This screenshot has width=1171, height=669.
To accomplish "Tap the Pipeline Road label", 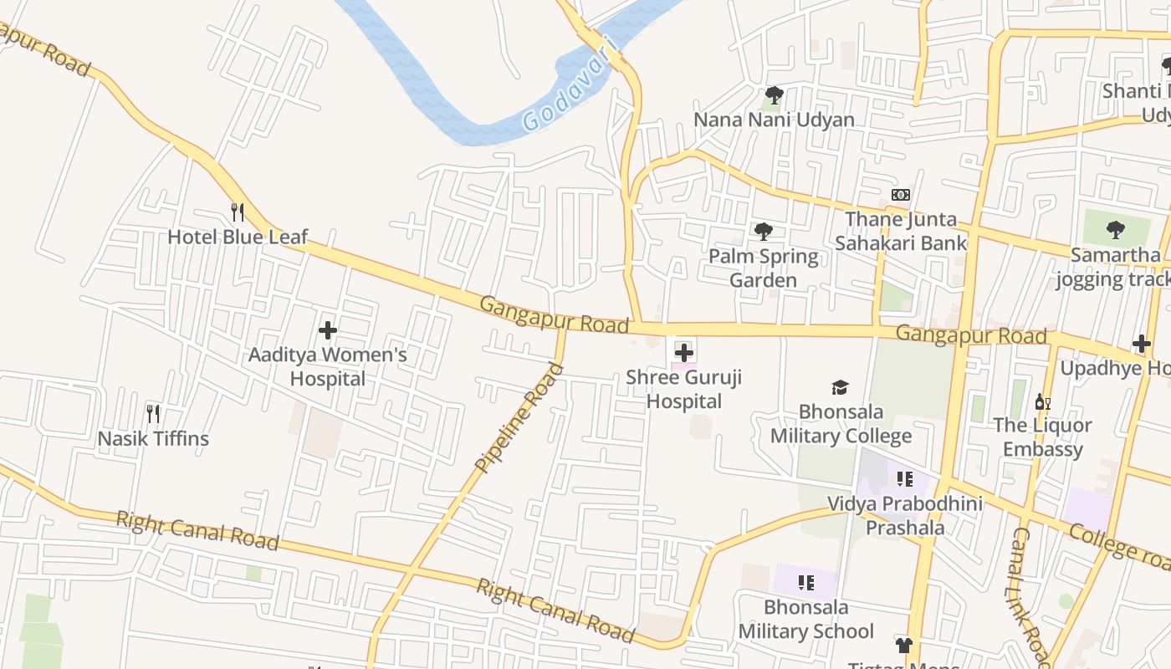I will point(519,417).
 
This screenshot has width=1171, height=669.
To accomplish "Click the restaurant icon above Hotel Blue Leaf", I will point(238,212).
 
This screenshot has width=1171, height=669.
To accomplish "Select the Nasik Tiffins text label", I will point(153,438).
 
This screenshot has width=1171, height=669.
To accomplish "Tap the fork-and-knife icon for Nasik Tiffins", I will point(153,414).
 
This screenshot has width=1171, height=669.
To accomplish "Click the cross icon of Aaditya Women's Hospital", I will point(328,330).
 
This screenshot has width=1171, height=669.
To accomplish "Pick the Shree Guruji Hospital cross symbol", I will point(684,352).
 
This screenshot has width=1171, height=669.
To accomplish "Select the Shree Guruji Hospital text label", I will point(684,390).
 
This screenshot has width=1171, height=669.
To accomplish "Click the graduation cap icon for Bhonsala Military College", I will point(840,387).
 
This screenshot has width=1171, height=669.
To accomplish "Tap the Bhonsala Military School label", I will point(805,619).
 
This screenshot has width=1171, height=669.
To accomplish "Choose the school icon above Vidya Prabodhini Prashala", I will point(904,479).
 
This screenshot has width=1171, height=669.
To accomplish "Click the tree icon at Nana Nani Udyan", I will point(775,94).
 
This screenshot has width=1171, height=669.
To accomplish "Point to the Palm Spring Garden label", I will point(763,268).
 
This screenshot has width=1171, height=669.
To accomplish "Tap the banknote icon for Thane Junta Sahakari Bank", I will point(901,195).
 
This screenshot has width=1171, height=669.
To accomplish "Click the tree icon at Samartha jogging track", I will point(1115,229).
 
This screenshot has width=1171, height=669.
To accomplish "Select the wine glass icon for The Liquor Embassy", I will point(1042,402).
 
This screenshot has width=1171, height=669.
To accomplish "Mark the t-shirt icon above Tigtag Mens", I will point(903,645).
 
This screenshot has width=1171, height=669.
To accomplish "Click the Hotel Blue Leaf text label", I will point(238,237).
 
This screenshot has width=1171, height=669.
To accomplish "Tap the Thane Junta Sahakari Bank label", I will point(901,232).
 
